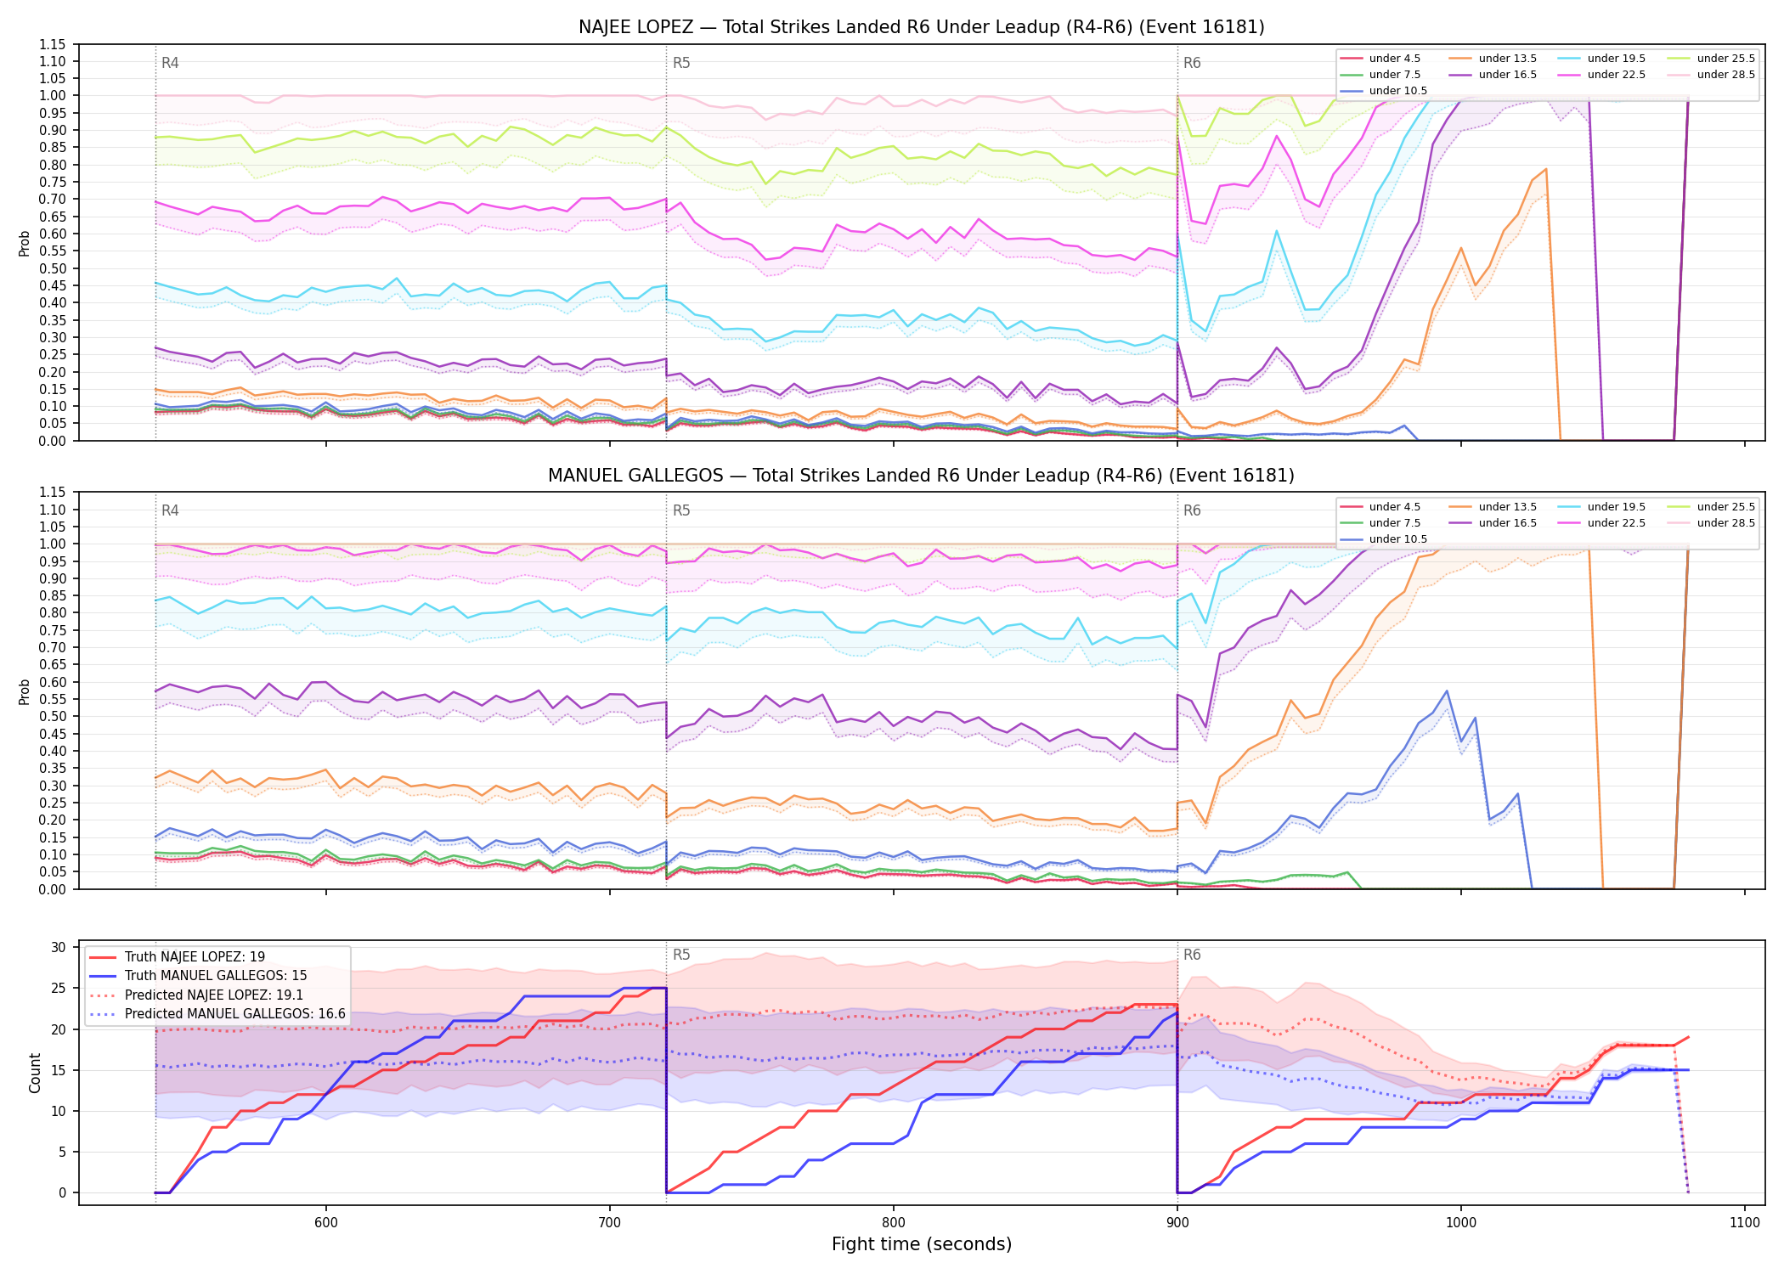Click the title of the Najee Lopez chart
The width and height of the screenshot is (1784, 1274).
point(921,27)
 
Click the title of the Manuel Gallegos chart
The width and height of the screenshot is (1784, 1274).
point(921,476)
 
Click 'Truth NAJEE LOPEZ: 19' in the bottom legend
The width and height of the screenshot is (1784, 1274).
point(195,957)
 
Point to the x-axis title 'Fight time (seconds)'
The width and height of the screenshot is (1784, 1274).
point(922,1244)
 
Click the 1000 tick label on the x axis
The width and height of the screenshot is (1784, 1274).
point(1461,1222)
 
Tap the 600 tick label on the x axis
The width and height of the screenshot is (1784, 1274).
point(326,1222)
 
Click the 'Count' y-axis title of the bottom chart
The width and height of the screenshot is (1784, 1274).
point(35,1073)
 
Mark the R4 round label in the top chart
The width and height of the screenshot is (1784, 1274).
point(170,63)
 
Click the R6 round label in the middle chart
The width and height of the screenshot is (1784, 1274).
point(1192,510)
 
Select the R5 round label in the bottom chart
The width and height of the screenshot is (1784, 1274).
point(681,955)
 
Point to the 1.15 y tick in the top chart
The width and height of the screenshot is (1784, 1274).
point(52,44)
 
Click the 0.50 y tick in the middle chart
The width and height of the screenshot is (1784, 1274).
point(52,716)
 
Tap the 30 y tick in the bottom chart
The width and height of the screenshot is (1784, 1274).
point(59,947)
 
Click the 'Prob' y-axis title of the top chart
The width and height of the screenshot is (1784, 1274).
point(25,243)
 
